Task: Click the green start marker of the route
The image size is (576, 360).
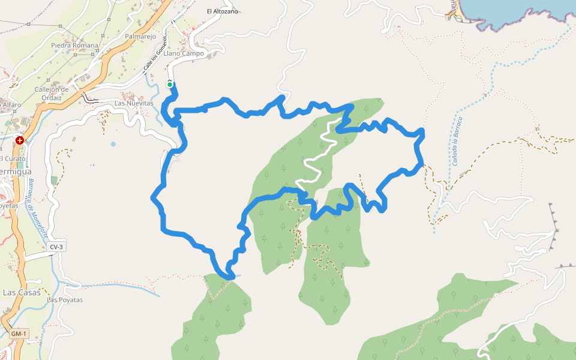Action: coord(170,85)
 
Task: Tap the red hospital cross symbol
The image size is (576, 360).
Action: coord(20,140)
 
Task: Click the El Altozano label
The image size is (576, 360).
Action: coord(223,11)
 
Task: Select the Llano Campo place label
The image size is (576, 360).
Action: coord(188,53)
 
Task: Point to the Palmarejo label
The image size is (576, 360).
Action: coord(140,37)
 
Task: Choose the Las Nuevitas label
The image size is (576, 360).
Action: coord(134,103)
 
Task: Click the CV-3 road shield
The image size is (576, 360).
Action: coord(56,247)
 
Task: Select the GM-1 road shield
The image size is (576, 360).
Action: coord(19,334)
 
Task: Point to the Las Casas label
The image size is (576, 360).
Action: coord(22,293)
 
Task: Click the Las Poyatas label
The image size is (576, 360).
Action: coord(65,299)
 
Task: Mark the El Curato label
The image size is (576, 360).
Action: coord(13,158)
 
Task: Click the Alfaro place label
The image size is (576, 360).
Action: coord(12,105)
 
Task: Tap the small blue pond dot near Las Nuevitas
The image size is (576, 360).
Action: coord(113,144)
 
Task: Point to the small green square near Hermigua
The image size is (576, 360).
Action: coord(55,180)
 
